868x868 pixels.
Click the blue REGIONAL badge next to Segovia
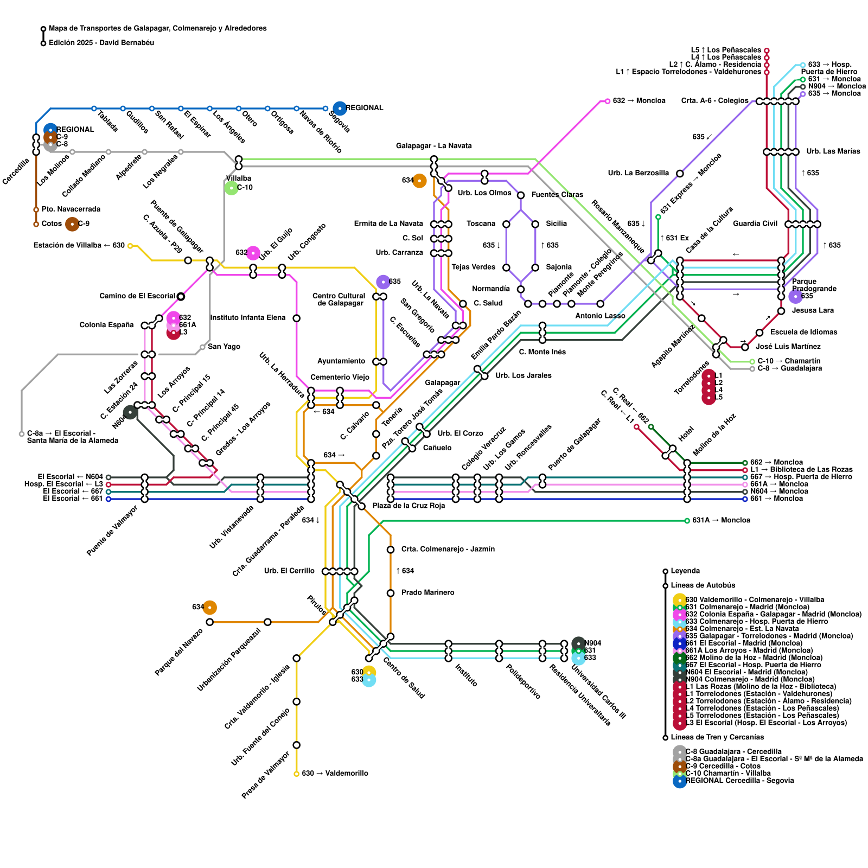(x=340, y=108)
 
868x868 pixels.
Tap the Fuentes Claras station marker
(x=521, y=195)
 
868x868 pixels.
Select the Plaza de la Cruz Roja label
(x=409, y=506)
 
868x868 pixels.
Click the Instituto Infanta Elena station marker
(x=297, y=318)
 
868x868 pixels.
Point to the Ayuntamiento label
(x=341, y=361)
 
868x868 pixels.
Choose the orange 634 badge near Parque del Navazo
(x=209, y=608)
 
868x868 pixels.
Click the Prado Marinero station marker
(x=391, y=593)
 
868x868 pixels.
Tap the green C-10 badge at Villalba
(x=232, y=188)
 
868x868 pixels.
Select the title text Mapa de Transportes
(x=157, y=28)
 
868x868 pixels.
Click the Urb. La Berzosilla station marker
(x=680, y=174)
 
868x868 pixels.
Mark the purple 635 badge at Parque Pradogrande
(x=795, y=296)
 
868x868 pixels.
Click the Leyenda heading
(x=685, y=571)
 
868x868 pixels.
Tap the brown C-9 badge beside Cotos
(x=72, y=224)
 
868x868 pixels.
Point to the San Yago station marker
(x=202, y=347)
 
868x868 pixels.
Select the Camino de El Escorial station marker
(x=181, y=296)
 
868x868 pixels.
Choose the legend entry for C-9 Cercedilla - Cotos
(x=723, y=766)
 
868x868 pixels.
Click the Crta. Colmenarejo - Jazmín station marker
(x=391, y=550)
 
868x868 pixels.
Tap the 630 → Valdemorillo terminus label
(x=335, y=773)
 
